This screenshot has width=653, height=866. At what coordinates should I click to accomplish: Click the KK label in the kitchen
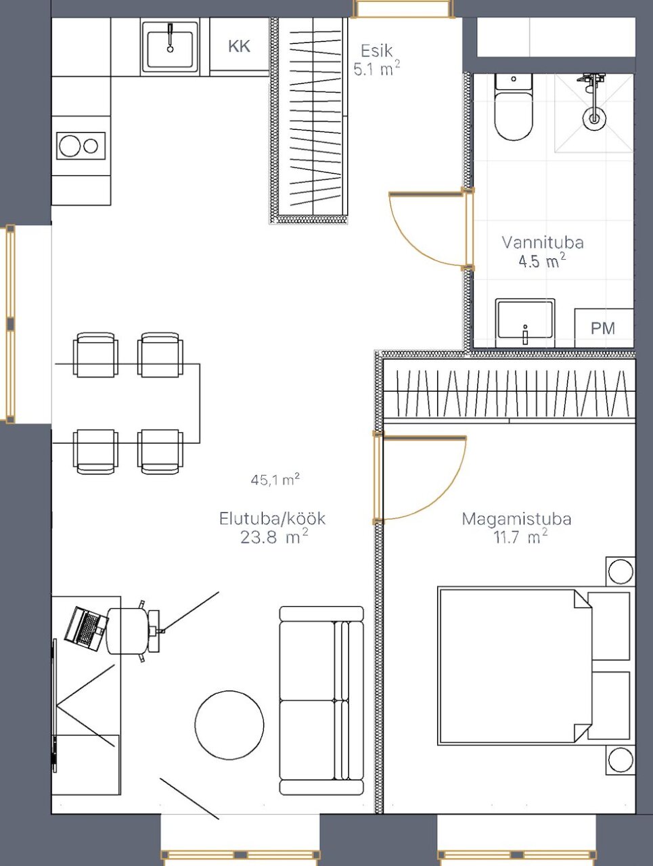pos(239,46)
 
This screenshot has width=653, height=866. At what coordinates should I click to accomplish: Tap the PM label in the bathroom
pos(603,328)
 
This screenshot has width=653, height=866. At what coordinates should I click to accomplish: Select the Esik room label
pos(377,51)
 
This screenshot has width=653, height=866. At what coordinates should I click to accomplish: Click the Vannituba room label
pos(543,242)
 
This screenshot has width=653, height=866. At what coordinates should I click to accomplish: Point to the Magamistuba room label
pos(516,519)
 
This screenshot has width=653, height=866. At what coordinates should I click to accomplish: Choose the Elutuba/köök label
pos(273,518)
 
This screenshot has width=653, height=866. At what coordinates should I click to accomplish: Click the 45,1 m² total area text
pos(275,480)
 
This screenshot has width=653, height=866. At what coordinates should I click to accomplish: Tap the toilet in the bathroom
pos(514,107)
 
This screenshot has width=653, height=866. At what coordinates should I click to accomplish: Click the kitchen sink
pos(170,47)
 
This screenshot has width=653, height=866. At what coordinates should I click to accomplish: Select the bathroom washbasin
pos(525,323)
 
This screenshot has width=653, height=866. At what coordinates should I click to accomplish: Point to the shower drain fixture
pos(594,118)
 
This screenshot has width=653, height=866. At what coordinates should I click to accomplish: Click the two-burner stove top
pos(81,145)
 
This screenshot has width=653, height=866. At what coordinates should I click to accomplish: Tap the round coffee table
pos(229,725)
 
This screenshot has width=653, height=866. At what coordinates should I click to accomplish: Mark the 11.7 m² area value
pos(520,537)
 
